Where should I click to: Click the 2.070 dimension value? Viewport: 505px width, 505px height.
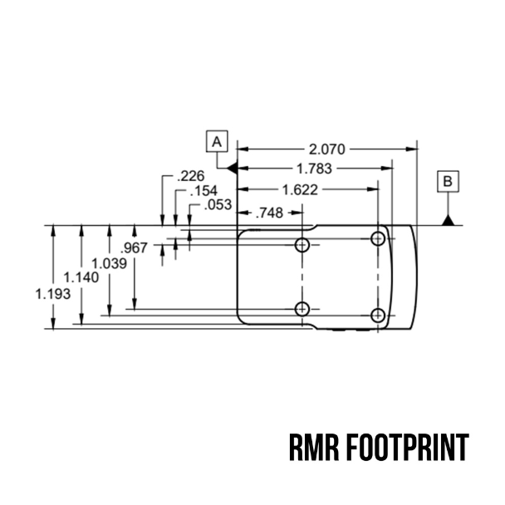point(327,150)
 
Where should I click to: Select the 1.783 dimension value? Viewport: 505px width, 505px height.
point(314,169)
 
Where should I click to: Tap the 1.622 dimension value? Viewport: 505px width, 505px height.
point(300,189)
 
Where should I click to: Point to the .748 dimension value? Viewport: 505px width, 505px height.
point(269,213)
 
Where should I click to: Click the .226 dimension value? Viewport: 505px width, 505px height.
point(191,176)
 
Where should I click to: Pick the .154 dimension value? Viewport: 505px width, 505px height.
point(203,191)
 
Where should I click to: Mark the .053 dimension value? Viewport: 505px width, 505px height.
point(218,205)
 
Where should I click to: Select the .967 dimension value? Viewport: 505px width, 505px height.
point(134,248)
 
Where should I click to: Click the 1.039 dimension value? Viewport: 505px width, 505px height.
point(109,264)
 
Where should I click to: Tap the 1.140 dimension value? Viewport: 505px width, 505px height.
point(81,277)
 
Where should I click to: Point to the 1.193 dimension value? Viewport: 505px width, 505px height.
point(53,294)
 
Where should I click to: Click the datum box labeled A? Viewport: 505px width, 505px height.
point(217,141)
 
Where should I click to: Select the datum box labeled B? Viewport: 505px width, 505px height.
point(448,182)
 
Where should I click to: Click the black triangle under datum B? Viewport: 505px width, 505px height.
point(448,221)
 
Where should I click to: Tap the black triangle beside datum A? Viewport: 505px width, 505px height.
point(233,168)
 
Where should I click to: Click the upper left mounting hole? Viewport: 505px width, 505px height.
point(302,245)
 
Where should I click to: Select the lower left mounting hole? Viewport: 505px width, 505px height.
point(302,309)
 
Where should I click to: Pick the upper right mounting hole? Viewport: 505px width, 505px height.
point(378,239)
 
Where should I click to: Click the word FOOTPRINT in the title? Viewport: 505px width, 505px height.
point(408,448)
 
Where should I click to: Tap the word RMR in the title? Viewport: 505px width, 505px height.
point(314,448)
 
